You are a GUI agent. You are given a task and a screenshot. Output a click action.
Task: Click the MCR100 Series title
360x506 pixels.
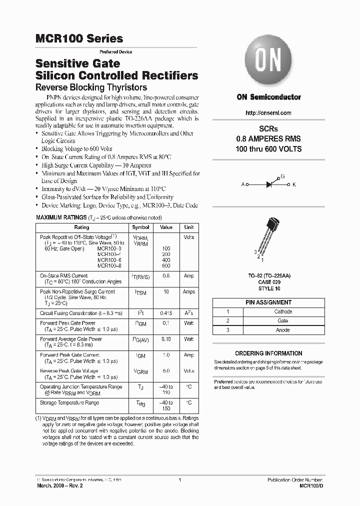[x=79, y=38]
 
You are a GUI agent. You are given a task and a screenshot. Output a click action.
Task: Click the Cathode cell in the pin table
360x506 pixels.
[x=283, y=311]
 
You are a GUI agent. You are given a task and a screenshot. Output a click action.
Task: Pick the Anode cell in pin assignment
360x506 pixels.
[x=283, y=330]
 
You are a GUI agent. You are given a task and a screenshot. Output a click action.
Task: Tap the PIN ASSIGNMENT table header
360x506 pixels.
[x=268, y=302]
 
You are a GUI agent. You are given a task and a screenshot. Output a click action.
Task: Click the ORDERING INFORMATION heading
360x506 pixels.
[x=268, y=353]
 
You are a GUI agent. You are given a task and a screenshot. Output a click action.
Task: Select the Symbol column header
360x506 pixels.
[x=140, y=227]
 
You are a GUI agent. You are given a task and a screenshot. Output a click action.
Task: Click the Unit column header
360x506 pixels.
[x=189, y=227]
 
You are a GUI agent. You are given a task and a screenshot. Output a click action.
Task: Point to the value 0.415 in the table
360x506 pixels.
[x=165, y=313]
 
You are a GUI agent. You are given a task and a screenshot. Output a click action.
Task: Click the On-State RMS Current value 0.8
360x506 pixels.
[x=165, y=275]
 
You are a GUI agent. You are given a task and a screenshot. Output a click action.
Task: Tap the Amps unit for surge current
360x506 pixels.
[x=189, y=291]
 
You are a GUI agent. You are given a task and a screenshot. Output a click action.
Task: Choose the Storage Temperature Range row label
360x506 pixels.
[x=69, y=402]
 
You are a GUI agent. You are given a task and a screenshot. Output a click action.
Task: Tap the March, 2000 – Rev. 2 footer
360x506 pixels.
[x=58, y=485]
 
